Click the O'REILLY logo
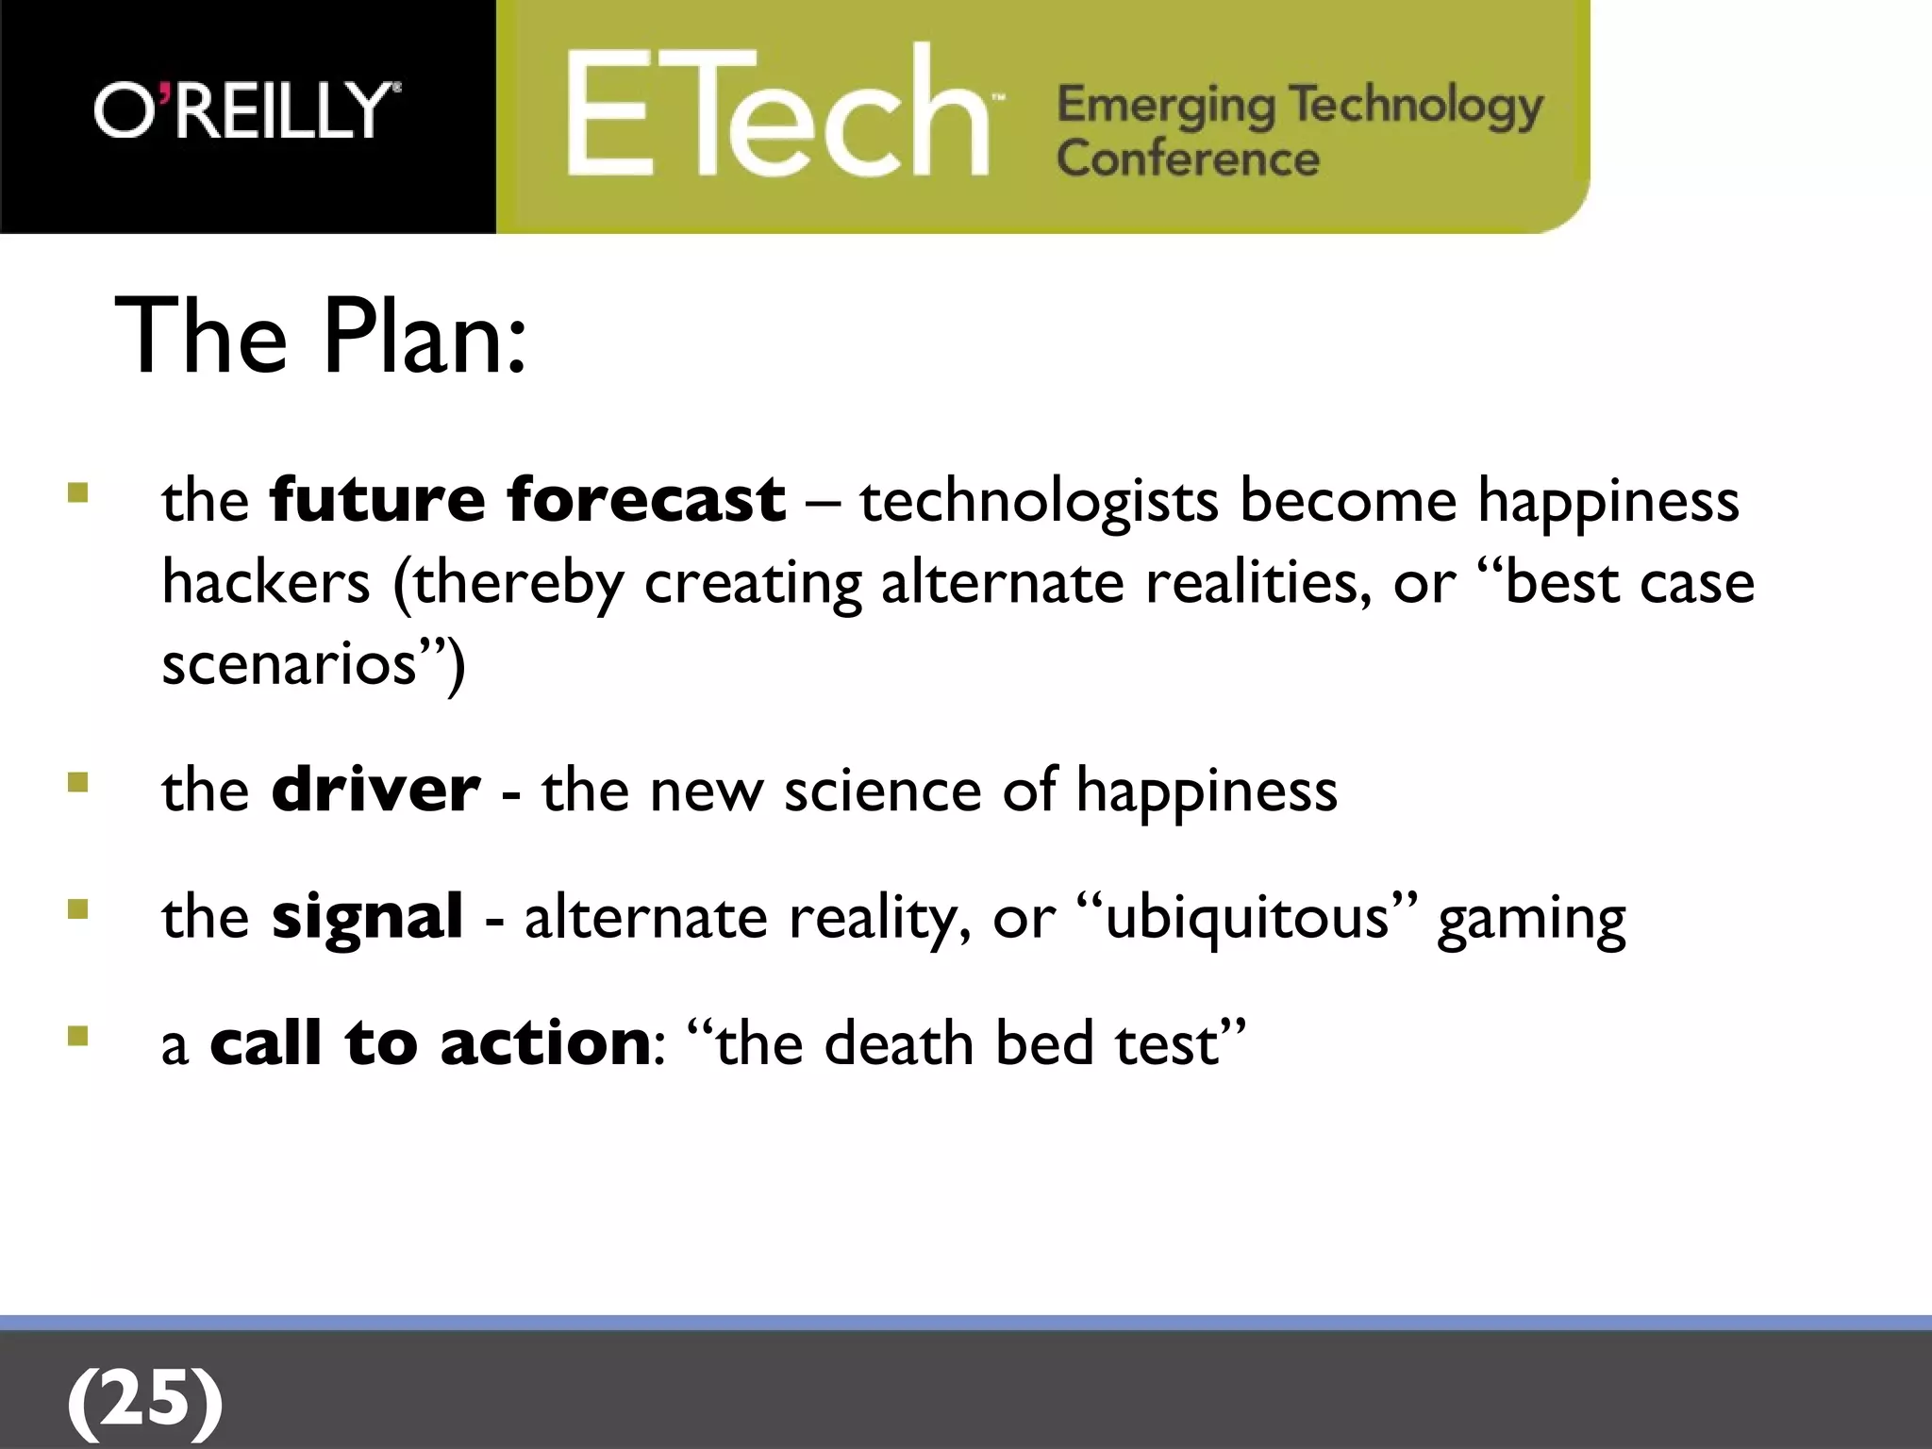[x=247, y=110]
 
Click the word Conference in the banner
[x=1188, y=158]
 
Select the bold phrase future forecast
[x=526, y=499]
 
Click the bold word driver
[x=375, y=790]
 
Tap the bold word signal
[x=367, y=917]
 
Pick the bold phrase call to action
[x=430, y=1044]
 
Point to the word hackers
[x=266, y=582]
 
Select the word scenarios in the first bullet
[x=289, y=664]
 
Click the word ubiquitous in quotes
[x=1246, y=917]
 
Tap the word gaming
[x=1531, y=920]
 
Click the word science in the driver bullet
[x=882, y=790]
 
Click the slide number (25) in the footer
[x=145, y=1399]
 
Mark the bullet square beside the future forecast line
[x=78, y=492]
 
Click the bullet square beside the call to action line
[x=78, y=1037]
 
